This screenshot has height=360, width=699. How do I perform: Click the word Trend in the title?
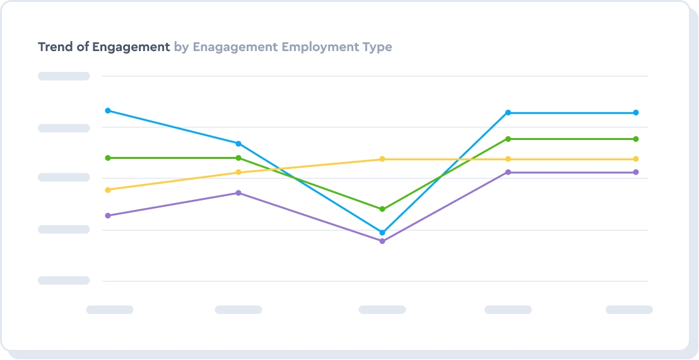55,47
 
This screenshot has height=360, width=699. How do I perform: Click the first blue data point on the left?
108,111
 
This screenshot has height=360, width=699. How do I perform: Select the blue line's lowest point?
382,233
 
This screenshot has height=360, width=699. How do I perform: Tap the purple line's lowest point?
382,241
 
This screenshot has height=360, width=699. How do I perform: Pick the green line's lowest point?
382,209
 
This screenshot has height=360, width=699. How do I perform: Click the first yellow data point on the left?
108,190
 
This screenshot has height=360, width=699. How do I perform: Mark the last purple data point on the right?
636,172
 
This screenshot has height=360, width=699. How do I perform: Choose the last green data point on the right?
636,139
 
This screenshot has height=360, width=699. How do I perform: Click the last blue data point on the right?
636,113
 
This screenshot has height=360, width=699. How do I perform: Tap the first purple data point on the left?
108,216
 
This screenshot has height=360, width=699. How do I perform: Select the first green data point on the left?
108,158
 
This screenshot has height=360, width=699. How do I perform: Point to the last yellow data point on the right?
636,159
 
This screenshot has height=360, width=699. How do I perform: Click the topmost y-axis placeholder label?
64,76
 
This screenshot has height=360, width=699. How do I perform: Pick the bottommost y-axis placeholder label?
64,281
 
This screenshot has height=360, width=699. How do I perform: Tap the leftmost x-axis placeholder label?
110,310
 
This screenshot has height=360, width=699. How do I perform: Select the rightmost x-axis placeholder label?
629,310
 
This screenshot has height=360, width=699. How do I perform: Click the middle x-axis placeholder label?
382,310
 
